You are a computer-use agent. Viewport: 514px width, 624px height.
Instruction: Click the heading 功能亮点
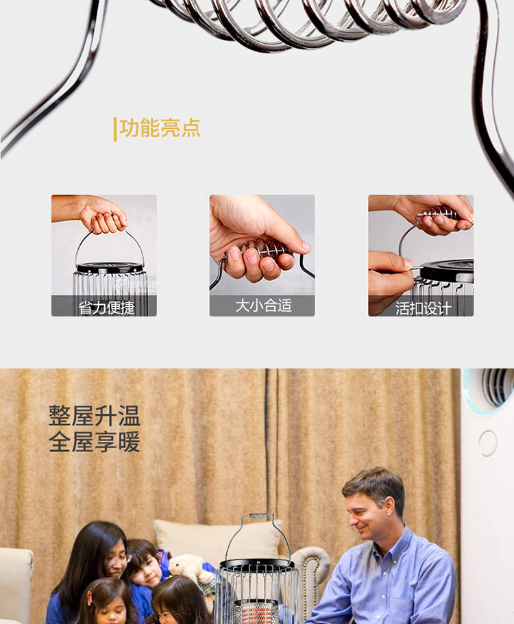160,128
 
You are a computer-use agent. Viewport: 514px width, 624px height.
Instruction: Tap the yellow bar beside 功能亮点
115,129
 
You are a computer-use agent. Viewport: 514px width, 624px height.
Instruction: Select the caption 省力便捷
106,308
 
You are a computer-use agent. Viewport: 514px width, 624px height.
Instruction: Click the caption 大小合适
264,305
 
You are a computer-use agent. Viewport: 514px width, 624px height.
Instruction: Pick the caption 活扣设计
424,308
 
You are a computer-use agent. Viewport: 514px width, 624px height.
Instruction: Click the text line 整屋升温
95,416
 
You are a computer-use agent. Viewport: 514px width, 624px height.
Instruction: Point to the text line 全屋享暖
95,441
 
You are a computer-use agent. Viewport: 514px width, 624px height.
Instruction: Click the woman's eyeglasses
120,560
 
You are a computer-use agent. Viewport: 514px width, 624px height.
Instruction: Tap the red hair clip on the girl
90,597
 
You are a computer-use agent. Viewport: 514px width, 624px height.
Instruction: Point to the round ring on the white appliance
488,442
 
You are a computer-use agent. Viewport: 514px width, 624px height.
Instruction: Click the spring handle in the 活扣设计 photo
437,215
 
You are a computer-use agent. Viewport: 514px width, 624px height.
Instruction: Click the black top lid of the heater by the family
257,564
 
